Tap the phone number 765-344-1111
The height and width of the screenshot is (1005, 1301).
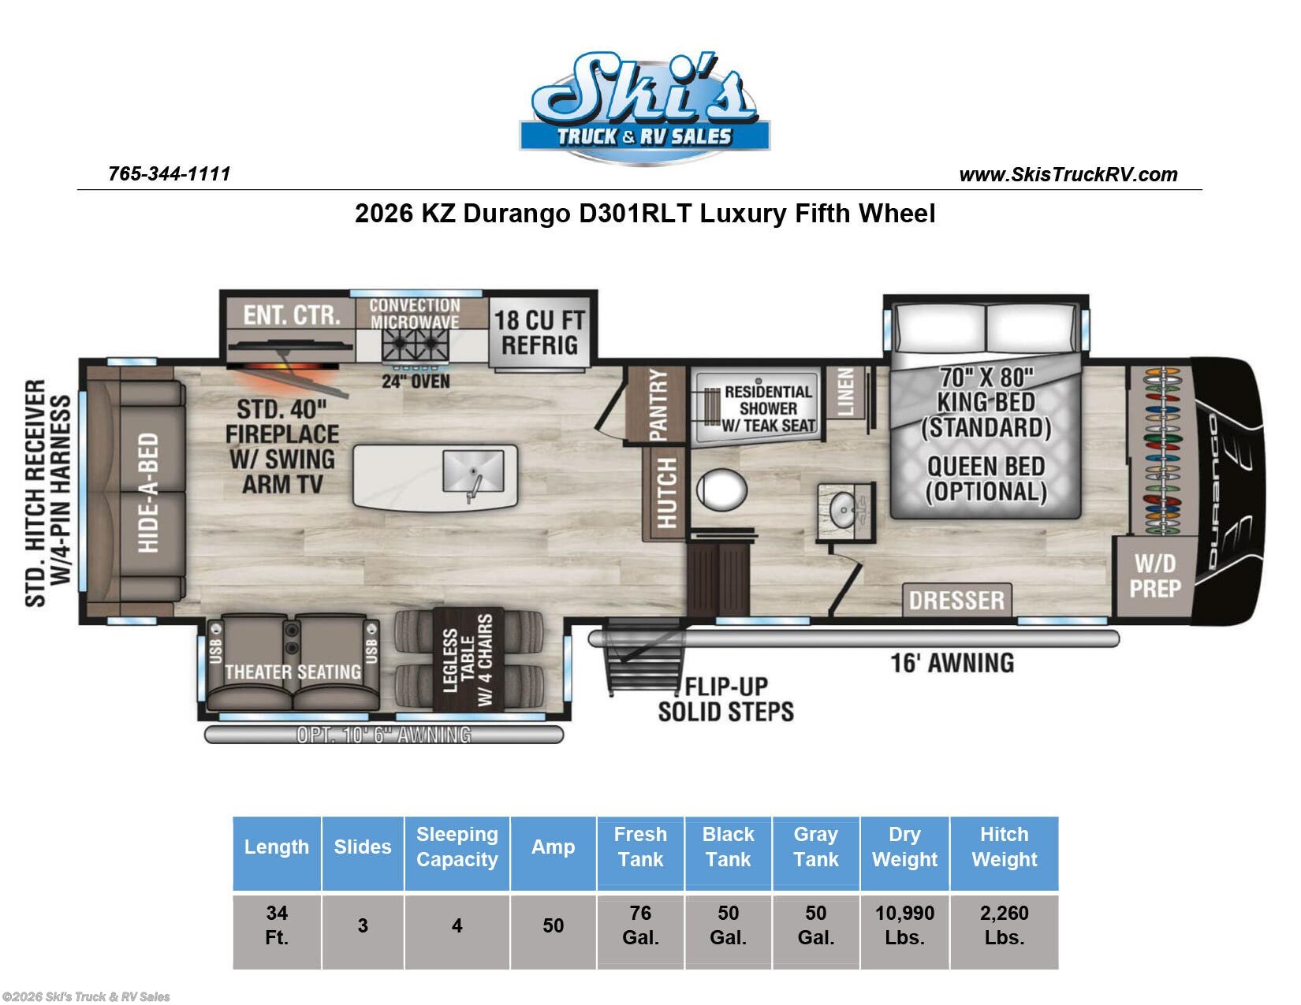(x=170, y=173)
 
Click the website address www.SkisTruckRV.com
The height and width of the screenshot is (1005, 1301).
(x=1068, y=174)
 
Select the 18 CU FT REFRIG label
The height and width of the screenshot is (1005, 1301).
(x=539, y=332)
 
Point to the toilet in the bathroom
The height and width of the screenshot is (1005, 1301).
(x=721, y=489)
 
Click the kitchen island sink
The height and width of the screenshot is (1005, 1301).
(x=473, y=471)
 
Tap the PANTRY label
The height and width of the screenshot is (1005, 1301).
(x=658, y=404)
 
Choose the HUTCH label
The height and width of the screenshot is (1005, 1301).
(x=666, y=493)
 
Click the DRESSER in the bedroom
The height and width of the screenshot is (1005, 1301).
(x=956, y=600)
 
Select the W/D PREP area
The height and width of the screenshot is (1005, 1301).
(x=1155, y=576)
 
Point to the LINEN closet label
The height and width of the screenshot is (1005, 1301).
(x=844, y=392)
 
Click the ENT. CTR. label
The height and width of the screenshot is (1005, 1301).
(x=292, y=315)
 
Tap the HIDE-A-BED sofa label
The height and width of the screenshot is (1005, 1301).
(x=148, y=492)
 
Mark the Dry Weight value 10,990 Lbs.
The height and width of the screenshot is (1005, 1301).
(x=904, y=925)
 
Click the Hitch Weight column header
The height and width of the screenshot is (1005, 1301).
(x=1004, y=847)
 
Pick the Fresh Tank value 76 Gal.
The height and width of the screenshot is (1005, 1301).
(x=640, y=925)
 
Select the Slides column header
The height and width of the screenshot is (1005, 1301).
(x=362, y=847)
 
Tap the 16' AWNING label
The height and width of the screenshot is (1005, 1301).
(x=952, y=663)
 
